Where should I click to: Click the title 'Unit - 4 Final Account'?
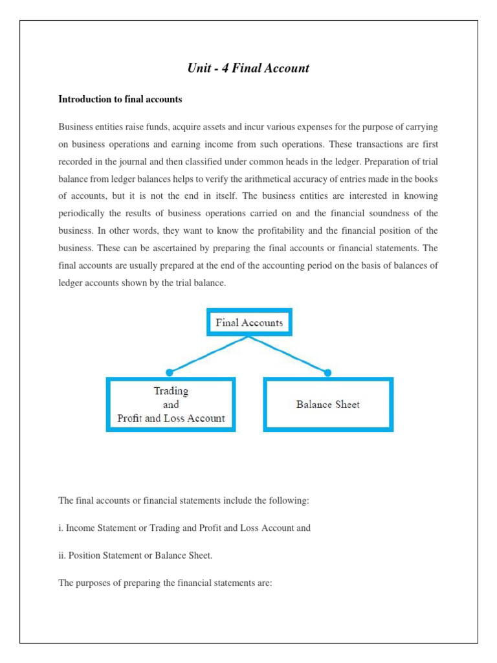click(248, 68)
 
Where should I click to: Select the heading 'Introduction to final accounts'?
click(120, 100)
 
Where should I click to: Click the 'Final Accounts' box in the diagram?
click(249, 322)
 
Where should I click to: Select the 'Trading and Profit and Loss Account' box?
click(171, 405)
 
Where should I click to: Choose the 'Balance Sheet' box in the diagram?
click(328, 405)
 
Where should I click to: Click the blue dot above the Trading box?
click(170, 372)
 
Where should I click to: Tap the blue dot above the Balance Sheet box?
click(327, 372)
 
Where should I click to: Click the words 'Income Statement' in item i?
click(100, 528)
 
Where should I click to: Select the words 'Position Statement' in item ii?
click(103, 556)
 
